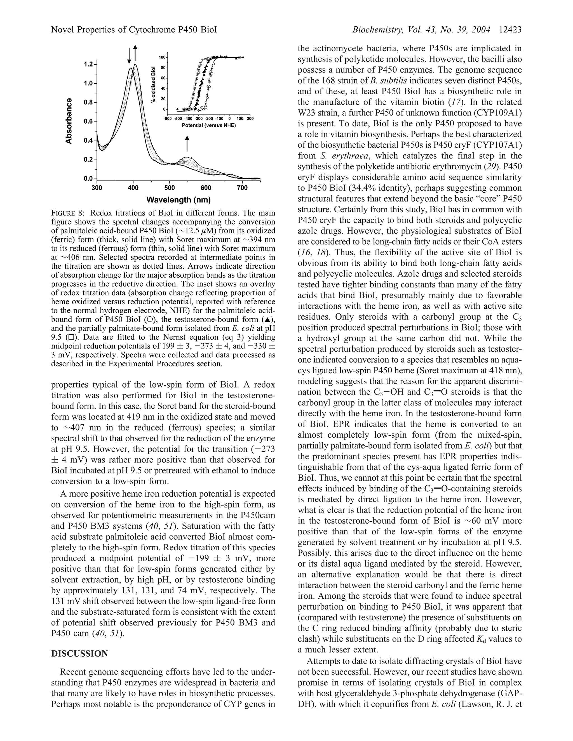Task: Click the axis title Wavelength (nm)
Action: pyautogui.click(x=179, y=200)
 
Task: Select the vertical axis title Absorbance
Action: pyautogui.click(x=69, y=121)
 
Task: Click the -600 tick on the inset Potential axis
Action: pyautogui.click(x=167, y=119)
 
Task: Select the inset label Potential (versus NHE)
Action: pyautogui.click(x=209, y=125)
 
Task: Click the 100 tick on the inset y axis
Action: pyautogui.click(x=163, y=57)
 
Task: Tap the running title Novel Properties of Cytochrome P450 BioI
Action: pyautogui.click(x=134, y=30)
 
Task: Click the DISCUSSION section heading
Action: pyautogui.click(x=79, y=654)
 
